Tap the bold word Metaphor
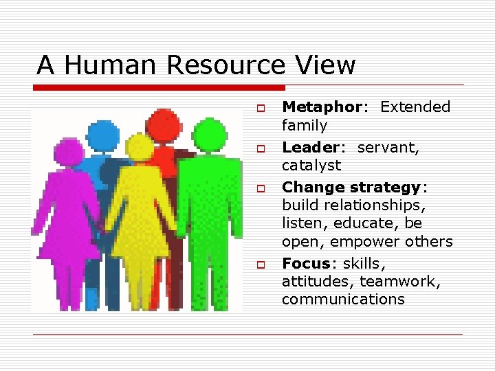(321, 107)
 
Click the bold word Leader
(311, 147)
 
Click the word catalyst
(311, 166)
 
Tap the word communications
(343, 300)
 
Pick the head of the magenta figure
(69, 151)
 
